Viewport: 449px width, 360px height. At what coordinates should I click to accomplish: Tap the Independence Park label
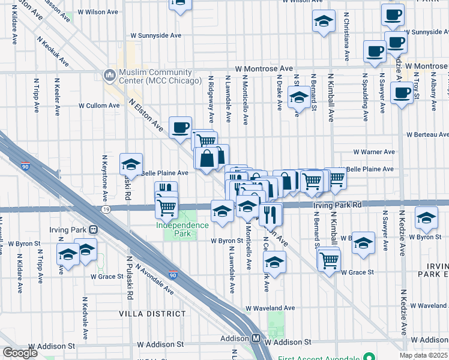click(182, 225)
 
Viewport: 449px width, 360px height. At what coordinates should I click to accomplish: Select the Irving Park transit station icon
click(93, 229)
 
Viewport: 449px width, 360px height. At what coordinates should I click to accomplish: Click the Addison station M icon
click(255, 338)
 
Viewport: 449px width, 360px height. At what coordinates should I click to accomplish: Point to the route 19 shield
click(106, 209)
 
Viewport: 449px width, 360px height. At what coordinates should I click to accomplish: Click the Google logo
click(20, 353)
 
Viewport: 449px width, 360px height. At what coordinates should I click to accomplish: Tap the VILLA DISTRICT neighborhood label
click(152, 314)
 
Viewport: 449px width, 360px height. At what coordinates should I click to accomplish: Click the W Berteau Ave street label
click(427, 135)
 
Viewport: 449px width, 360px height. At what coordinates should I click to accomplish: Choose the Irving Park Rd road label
click(337, 205)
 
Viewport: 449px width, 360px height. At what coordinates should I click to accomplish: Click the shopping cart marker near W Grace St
click(329, 260)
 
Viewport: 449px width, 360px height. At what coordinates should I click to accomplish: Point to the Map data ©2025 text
click(423, 355)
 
